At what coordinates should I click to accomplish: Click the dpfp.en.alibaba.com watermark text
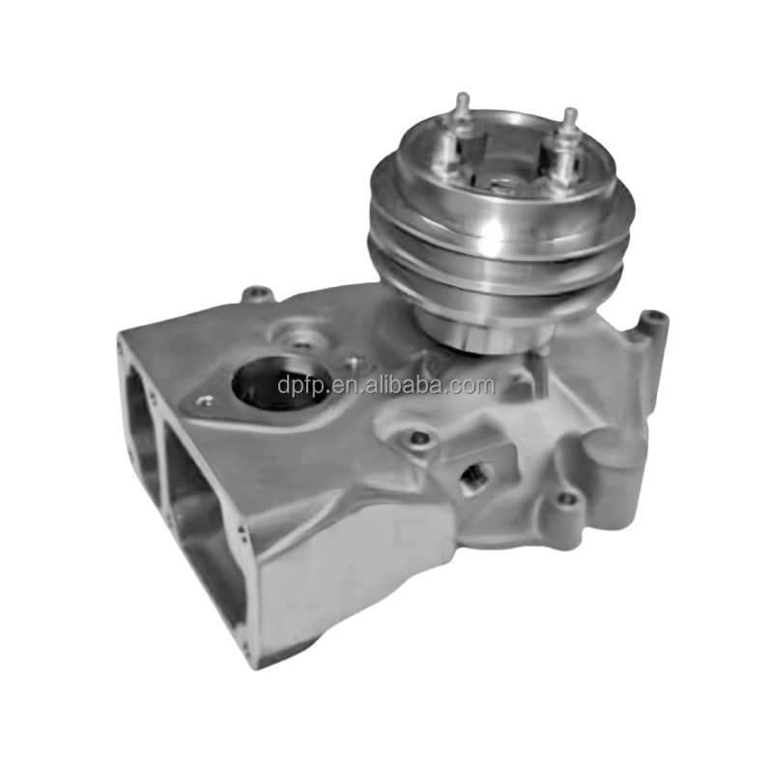click(x=386, y=386)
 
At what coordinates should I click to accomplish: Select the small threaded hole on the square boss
click(x=475, y=474)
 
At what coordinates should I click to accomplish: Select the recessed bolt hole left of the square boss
click(x=418, y=439)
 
